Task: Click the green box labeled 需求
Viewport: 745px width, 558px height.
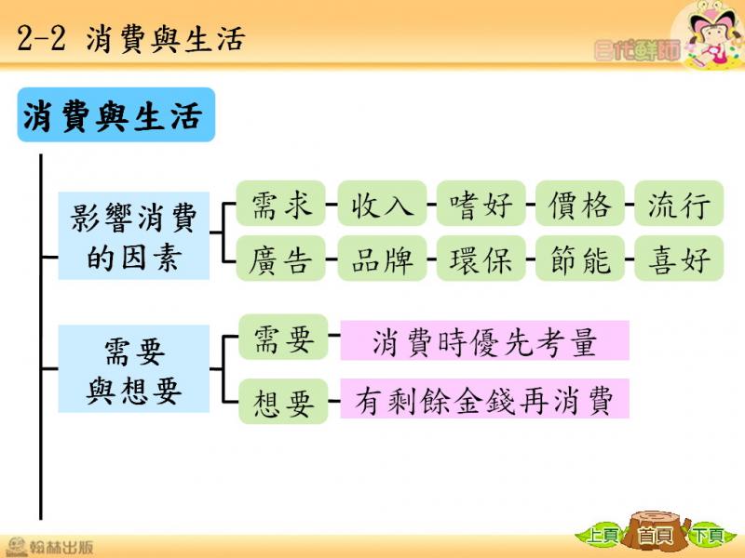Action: [x=281, y=203]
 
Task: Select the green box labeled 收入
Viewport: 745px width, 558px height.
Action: [x=382, y=203]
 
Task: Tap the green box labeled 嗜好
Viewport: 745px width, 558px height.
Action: [x=481, y=203]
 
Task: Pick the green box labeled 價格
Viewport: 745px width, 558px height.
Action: [x=579, y=203]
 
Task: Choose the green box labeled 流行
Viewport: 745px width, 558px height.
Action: [x=679, y=203]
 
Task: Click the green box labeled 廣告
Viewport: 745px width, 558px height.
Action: [x=281, y=259]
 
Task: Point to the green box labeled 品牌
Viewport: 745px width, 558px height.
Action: [x=382, y=259]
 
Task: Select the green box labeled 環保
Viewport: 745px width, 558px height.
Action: [x=481, y=259]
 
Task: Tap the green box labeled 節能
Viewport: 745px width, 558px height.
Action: [x=579, y=259]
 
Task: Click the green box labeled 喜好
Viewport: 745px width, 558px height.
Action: [x=679, y=259]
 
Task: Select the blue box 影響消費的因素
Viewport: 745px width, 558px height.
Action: [x=133, y=235]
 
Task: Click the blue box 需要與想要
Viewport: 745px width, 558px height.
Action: [x=133, y=368]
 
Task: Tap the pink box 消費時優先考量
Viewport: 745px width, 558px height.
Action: [x=484, y=340]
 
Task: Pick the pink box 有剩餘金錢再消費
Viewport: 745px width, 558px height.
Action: [x=484, y=399]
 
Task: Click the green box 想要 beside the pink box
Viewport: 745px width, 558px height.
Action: [x=283, y=402]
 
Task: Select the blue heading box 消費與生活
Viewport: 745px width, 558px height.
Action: [x=115, y=114]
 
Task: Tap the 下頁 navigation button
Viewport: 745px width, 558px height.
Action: [x=708, y=536]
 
